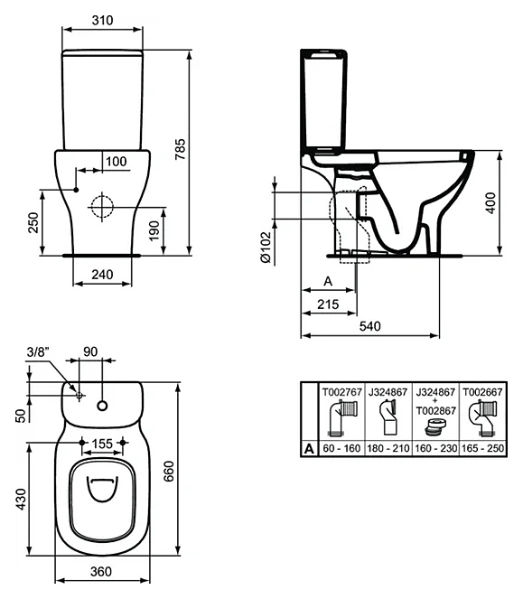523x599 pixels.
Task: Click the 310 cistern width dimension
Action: tap(102, 20)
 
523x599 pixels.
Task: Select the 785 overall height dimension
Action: tap(180, 149)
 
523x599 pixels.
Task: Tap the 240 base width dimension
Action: tap(102, 275)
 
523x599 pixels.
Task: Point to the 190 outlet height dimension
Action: tap(154, 230)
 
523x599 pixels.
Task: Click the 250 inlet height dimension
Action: tap(33, 223)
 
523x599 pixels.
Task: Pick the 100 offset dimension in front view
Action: tap(117, 161)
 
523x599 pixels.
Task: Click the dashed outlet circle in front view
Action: tap(102, 206)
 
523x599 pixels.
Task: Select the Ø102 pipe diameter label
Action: tap(265, 248)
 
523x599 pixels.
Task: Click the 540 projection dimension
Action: tap(370, 326)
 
